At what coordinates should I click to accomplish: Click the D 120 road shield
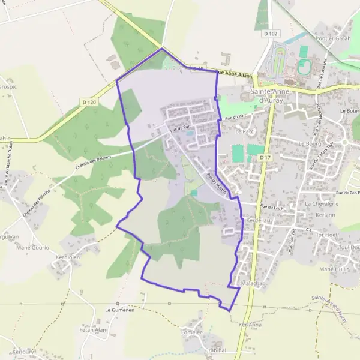[88, 103]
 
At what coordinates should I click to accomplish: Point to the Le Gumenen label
[119, 310]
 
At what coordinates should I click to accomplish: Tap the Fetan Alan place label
[92, 330]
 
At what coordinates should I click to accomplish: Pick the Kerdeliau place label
[259, 220]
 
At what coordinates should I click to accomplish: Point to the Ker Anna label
[250, 325]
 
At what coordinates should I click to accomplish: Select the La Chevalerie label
[321, 203]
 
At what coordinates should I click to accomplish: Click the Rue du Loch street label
[271, 207]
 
